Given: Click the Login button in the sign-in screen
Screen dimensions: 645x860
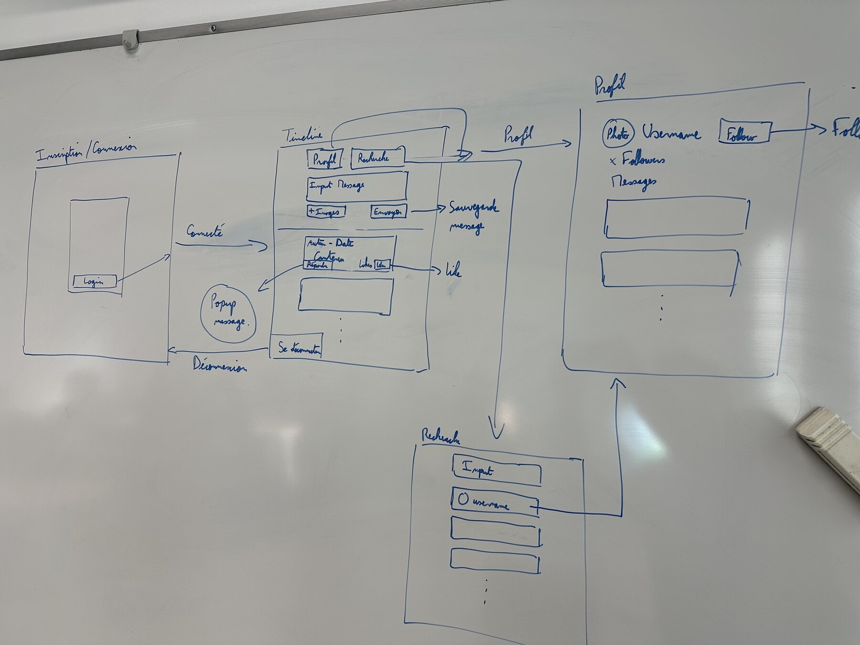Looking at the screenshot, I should [x=94, y=281].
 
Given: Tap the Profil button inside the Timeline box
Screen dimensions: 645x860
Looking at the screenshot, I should [x=324, y=160].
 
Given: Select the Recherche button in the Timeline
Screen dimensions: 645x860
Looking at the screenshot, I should [x=377, y=158].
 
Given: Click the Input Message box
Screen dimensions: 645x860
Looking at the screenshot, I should [x=356, y=186].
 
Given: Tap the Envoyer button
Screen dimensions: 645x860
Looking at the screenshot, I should [x=388, y=212].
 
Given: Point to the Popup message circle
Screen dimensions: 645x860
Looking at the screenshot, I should [x=228, y=313].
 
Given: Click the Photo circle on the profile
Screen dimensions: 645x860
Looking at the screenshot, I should [x=618, y=134].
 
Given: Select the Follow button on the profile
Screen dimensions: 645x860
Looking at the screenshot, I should [x=744, y=133].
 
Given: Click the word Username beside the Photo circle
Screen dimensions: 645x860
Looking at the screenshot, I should [x=671, y=133].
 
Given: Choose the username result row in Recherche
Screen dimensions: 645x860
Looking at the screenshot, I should [x=494, y=502].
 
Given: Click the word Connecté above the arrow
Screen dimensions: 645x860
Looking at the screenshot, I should [x=204, y=232].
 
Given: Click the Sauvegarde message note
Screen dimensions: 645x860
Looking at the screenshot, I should [x=473, y=216].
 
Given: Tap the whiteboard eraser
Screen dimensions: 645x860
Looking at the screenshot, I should [x=829, y=441].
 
